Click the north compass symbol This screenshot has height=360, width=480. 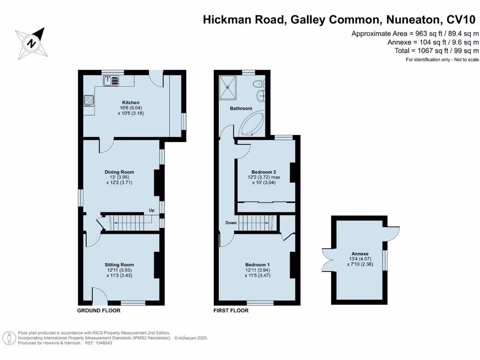click(31, 44)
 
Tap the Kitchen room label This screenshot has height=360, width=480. click(131, 103)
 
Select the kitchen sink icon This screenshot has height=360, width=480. click(112, 80)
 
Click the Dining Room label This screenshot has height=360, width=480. click(119, 172)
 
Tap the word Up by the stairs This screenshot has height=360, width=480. click(151, 210)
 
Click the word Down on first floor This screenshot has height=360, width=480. click(231, 223)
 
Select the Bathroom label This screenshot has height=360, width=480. click(241, 108)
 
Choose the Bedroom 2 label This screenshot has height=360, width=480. click(263, 172)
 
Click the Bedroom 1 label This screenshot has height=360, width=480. click(257, 265)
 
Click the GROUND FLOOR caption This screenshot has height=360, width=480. click(98, 310)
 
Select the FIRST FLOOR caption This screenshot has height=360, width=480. click(231, 310)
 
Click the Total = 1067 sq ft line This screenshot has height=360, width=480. click(436, 51)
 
